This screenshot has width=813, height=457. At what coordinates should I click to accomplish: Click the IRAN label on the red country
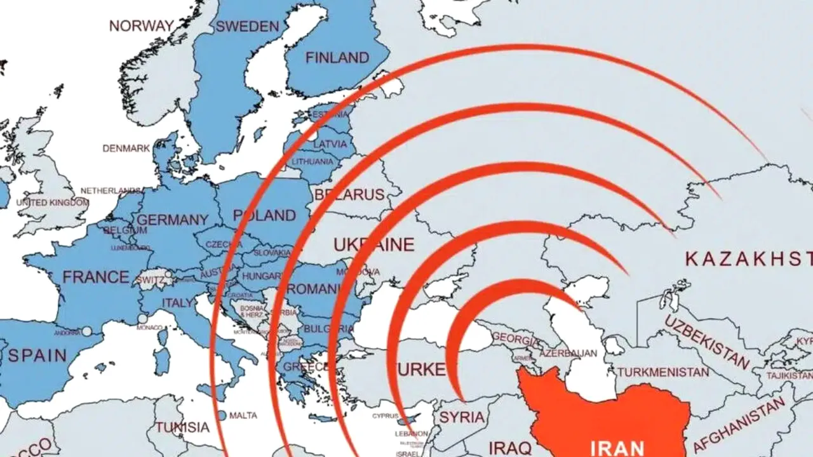point(617,447)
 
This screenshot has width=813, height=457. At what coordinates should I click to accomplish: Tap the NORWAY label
point(141,26)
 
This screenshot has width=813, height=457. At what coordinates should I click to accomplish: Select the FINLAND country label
point(337,58)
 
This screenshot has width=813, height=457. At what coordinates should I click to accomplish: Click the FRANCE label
point(95,277)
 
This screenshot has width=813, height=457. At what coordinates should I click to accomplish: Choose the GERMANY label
point(172,220)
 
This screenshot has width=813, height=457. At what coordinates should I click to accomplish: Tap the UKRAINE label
point(373,244)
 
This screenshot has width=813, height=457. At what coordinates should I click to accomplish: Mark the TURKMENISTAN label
point(662,372)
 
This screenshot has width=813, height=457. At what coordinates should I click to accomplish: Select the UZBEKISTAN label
point(706,342)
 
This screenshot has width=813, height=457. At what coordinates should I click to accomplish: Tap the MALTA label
point(243,415)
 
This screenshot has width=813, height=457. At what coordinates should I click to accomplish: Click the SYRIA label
point(462,417)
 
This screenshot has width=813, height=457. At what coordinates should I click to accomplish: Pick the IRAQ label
point(511,447)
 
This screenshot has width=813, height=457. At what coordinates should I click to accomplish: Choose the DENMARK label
point(126,148)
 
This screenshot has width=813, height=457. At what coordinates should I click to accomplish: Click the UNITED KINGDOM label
point(52,202)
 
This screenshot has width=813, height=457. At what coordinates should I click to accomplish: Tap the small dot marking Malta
point(221,415)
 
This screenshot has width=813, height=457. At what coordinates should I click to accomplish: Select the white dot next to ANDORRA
point(86,331)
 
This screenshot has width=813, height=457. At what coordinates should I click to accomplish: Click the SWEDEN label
point(247,27)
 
